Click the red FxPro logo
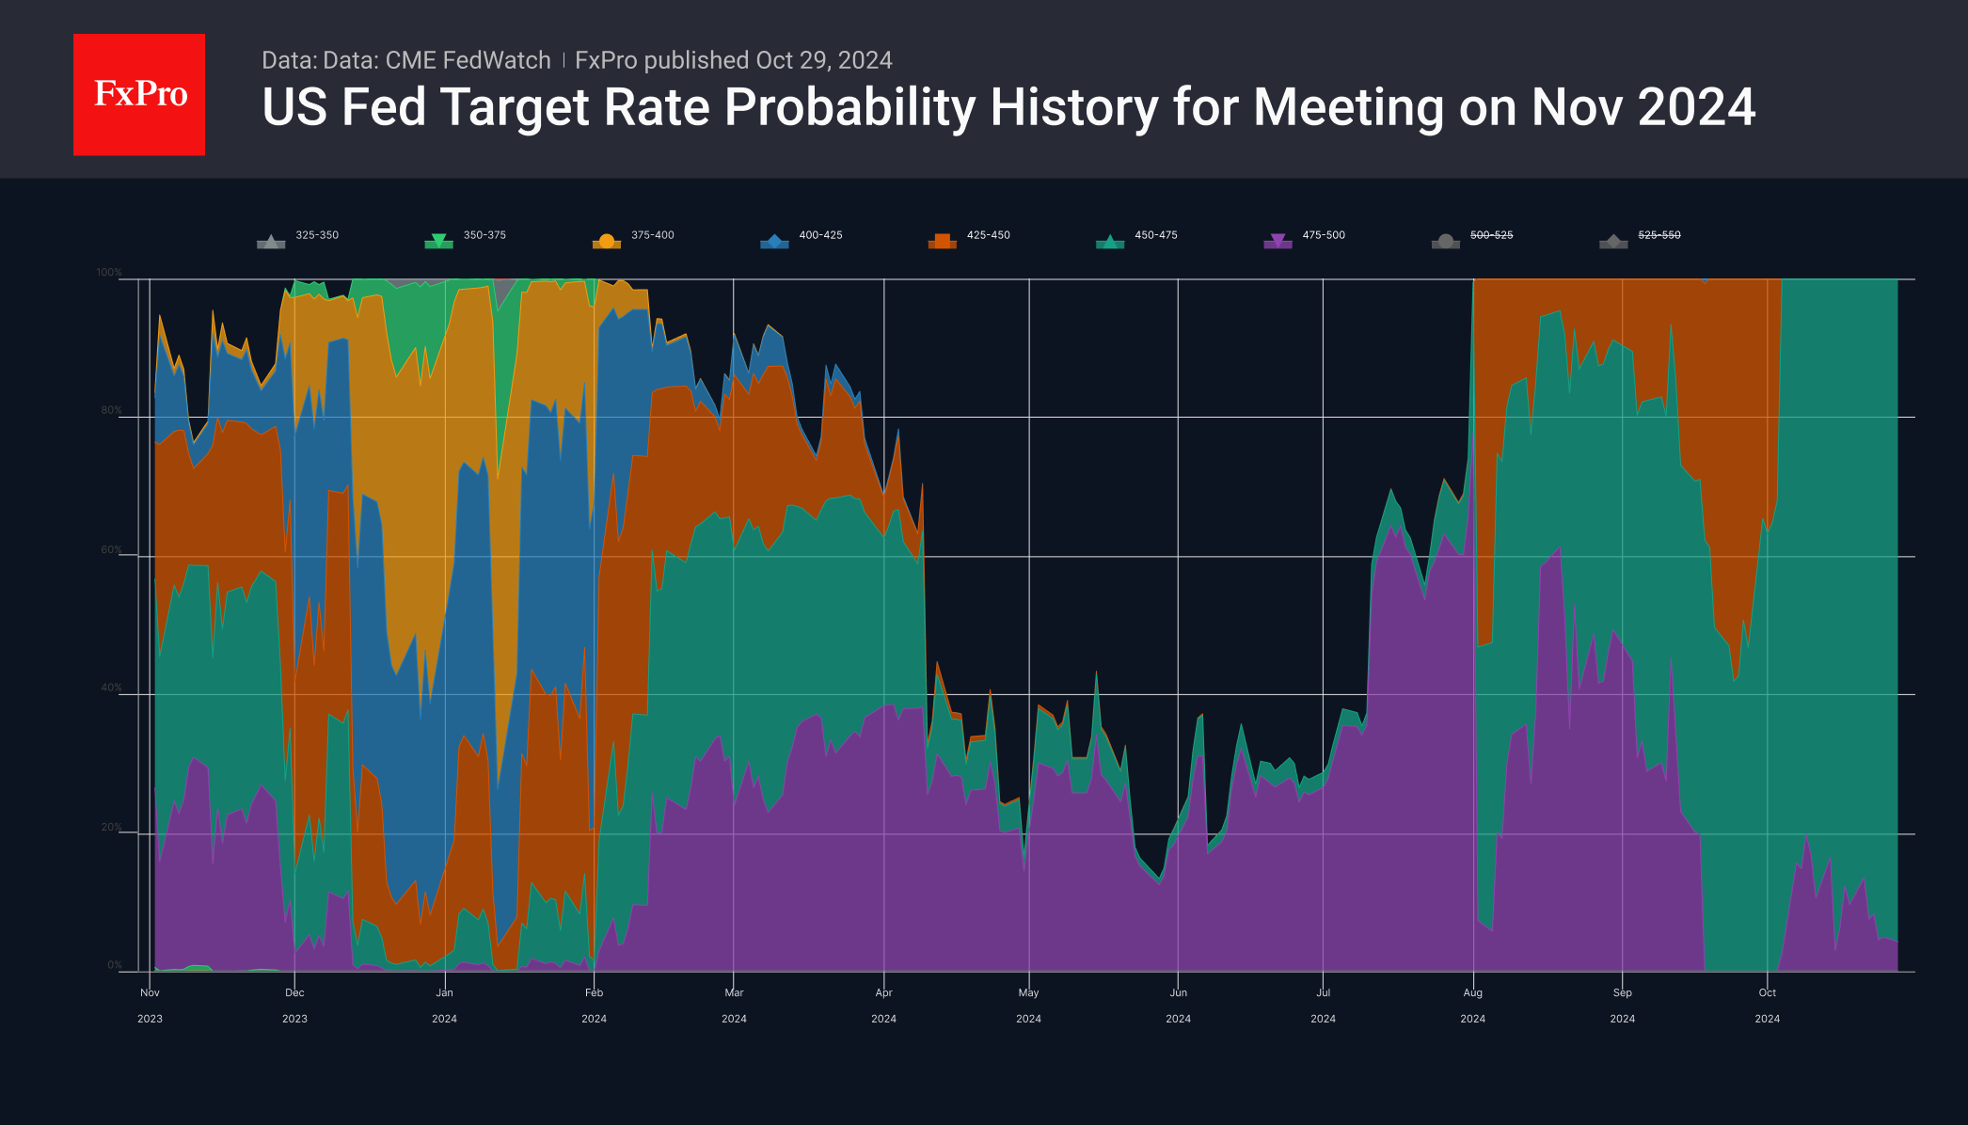[x=139, y=94]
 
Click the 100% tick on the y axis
[x=109, y=273]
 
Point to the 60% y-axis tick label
[x=111, y=550]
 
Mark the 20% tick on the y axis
[x=111, y=828]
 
